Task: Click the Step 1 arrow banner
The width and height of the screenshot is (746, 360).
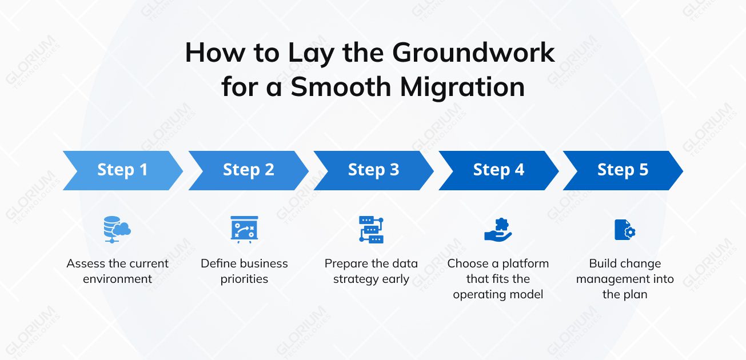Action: click(x=122, y=170)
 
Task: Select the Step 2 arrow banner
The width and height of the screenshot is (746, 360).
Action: click(x=248, y=170)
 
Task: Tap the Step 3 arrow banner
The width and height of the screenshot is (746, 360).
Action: click(x=373, y=170)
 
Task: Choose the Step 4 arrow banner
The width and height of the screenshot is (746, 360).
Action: click(x=498, y=170)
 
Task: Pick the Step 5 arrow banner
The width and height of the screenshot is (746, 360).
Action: click(x=623, y=170)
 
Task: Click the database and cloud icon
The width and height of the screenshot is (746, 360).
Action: click(x=117, y=229)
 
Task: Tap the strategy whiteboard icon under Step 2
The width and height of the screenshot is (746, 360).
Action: click(x=244, y=229)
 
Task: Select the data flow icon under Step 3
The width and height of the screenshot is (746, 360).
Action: click(x=371, y=229)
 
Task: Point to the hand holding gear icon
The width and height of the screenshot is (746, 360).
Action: click(x=498, y=229)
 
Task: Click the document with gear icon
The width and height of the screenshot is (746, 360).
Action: click(x=625, y=230)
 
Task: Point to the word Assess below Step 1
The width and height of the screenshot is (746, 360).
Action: click(x=86, y=264)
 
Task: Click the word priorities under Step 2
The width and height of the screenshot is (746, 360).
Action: click(x=244, y=279)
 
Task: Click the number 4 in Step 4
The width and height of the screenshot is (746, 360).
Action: click(x=519, y=170)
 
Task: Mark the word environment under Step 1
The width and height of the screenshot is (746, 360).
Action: click(x=117, y=279)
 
